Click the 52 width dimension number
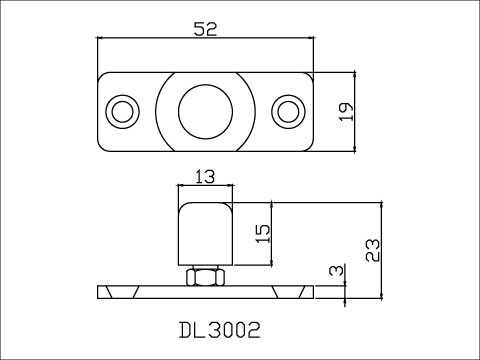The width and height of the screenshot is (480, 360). click(x=205, y=29)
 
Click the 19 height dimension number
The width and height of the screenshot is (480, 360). click(x=347, y=112)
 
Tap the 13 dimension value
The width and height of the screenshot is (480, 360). click(x=205, y=177)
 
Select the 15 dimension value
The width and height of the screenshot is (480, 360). click(x=263, y=234)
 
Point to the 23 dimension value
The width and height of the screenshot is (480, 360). click(x=373, y=250)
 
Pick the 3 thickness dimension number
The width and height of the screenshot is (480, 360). click(x=336, y=270)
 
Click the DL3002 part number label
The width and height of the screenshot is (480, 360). click(x=219, y=330)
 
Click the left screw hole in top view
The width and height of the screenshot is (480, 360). click(x=122, y=112)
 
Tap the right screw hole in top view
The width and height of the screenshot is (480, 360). click(x=288, y=112)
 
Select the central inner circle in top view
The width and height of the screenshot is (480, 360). click(x=205, y=112)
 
